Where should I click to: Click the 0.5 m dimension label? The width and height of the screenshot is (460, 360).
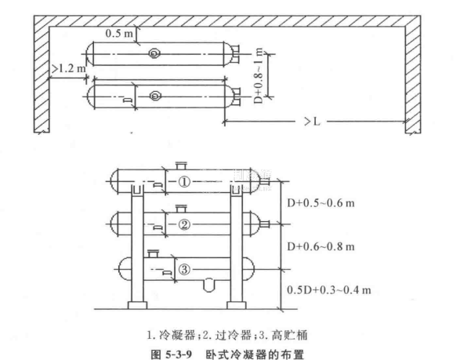pos(119,33)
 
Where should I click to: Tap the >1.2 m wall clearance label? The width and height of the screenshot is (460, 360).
pos(69,68)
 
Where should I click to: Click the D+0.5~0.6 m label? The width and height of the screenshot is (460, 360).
pos(321,203)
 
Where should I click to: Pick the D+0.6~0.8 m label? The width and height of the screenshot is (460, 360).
pos(321,246)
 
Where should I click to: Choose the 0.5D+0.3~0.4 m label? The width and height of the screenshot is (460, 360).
pos(329,290)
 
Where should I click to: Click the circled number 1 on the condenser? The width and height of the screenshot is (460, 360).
pos(184,182)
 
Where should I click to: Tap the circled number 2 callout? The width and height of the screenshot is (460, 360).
pos(184,225)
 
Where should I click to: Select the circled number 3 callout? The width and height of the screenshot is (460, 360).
pos(184,269)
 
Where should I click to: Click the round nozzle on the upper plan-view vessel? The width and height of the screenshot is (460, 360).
pos(154,53)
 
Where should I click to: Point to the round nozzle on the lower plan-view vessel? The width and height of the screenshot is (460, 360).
pos(155,96)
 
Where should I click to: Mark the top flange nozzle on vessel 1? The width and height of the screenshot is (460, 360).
pos(181,165)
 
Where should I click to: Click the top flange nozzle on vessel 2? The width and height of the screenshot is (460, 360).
pos(181,209)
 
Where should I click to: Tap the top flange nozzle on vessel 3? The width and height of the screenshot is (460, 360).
pos(153,253)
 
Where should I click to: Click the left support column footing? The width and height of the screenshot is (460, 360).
pos(138,305)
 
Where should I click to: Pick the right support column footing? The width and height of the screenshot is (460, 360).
pos(237,305)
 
